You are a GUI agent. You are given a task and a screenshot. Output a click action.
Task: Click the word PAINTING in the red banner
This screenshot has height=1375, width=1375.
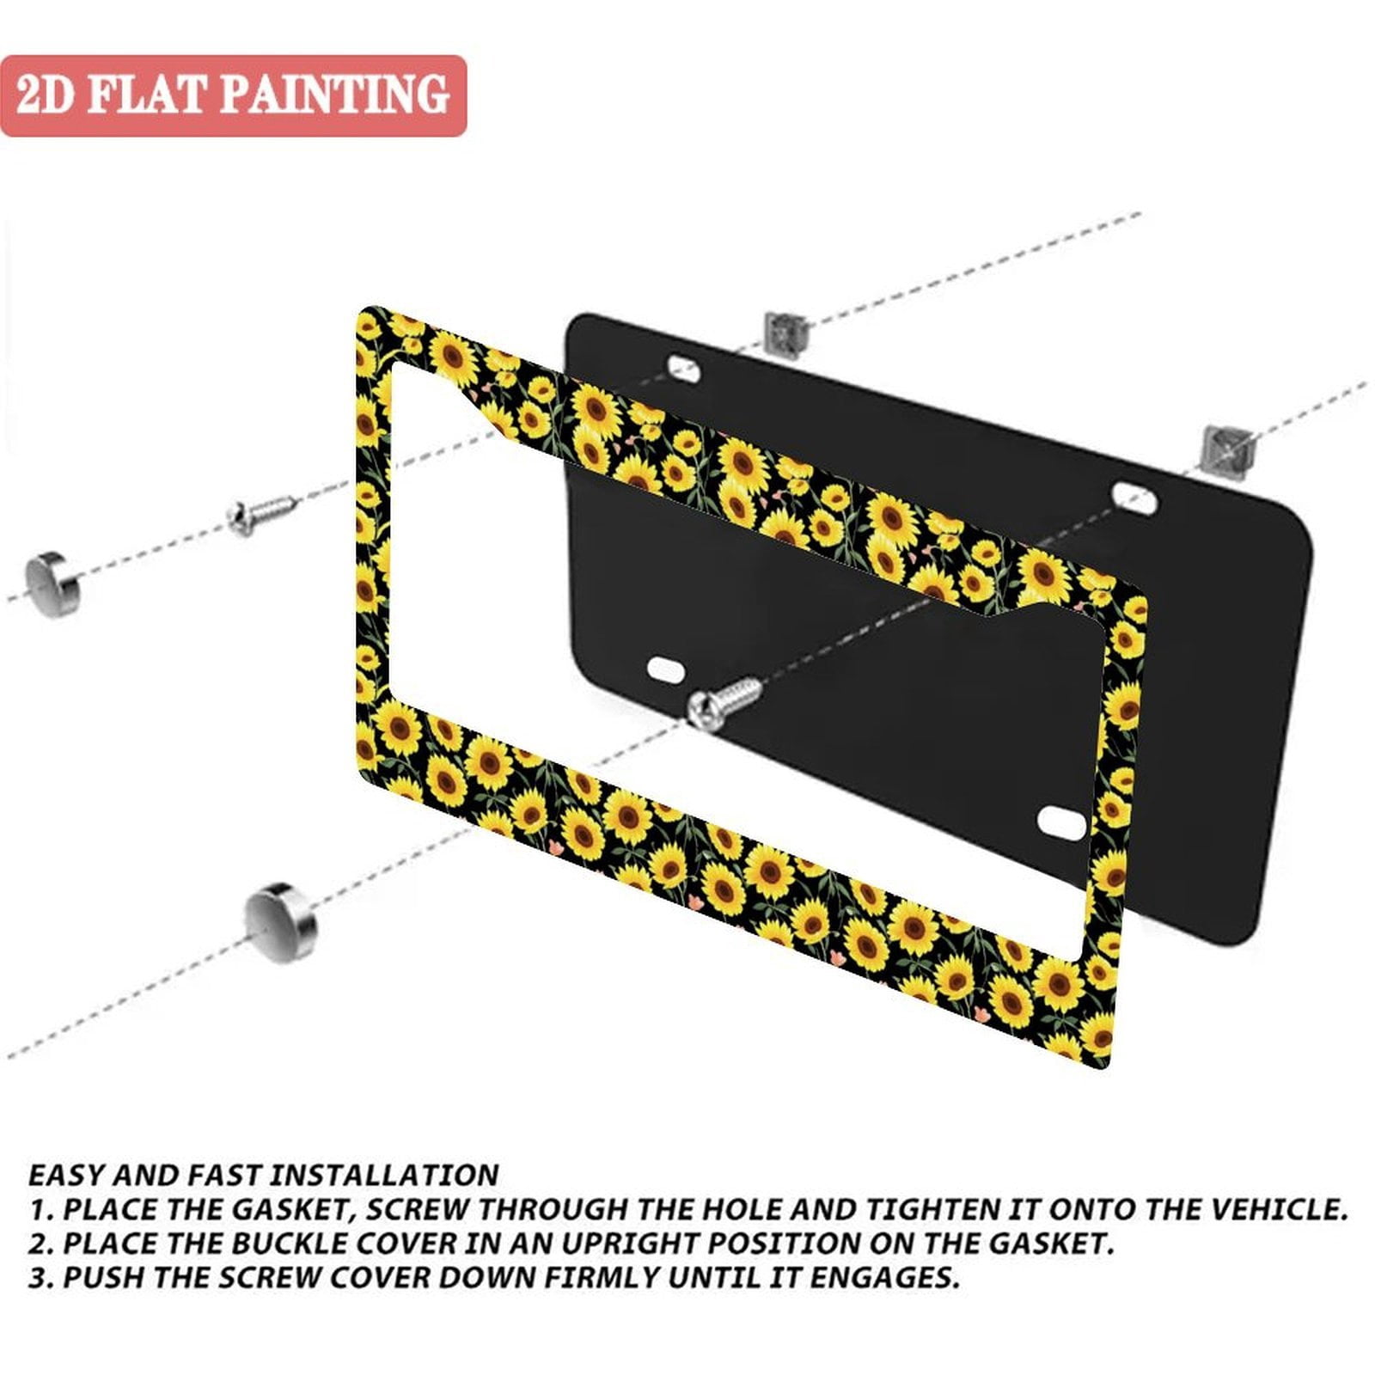click(336, 95)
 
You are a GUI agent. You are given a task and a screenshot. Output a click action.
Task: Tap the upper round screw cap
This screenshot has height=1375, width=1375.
click(52, 585)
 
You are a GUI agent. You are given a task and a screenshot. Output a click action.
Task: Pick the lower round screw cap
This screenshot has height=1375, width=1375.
click(280, 922)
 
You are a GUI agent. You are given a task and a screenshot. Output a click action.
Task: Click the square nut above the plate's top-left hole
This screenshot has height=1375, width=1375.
click(785, 333)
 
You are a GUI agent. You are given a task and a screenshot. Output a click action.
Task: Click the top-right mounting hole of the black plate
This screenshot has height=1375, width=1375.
click(1135, 497)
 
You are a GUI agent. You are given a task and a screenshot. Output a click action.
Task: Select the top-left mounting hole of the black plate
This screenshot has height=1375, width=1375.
click(684, 370)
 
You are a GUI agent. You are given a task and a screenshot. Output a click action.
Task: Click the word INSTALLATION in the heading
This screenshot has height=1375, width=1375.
click(385, 1176)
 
